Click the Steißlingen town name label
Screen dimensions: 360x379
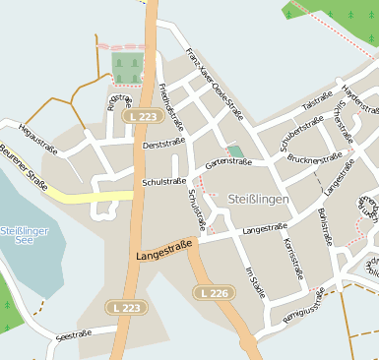pyautogui.click(x=259, y=200)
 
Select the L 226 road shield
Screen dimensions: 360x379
pyautogui.click(x=213, y=293)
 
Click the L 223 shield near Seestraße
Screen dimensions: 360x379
pyautogui.click(x=125, y=308)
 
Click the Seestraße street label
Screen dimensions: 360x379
pyautogui.click(x=74, y=334)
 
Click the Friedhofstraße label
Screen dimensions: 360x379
pyautogui.click(x=172, y=106)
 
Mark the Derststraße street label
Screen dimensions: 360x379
pyautogui.click(x=163, y=145)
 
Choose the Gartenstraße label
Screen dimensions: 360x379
pyautogui.click(x=228, y=161)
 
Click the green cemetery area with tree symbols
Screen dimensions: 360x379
pyautogui.click(x=126, y=67)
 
